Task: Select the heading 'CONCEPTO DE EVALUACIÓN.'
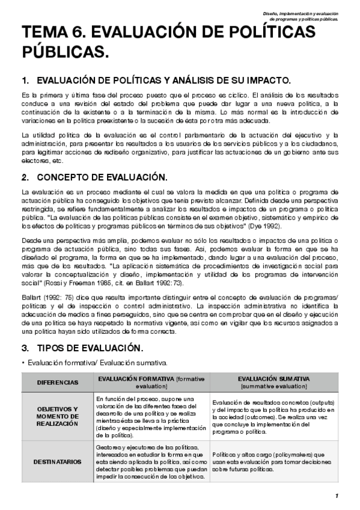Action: pos(101,177)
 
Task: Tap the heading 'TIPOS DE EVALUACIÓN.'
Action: pos(90,348)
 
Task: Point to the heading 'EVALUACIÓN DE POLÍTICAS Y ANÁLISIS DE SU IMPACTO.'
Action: pos(164,81)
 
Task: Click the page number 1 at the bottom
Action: pos(337,496)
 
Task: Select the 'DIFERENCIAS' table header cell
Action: pos(57,382)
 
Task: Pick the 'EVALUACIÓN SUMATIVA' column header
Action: pos(273,382)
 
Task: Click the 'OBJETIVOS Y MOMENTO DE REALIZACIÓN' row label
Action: pos(57,416)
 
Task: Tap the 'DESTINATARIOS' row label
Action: pos(57,461)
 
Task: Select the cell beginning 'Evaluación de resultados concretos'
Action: pos(273,416)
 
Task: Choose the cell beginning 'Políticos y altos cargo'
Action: pos(273,461)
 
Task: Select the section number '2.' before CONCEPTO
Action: pos(25,177)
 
